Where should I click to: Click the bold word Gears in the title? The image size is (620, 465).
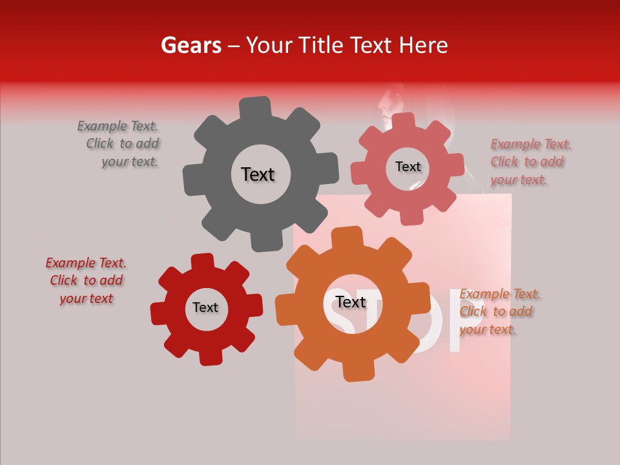[191, 45]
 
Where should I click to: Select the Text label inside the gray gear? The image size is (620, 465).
[258, 174]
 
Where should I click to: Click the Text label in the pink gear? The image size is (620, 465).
[408, 167]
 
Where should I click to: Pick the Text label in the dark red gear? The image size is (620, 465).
[205, 308]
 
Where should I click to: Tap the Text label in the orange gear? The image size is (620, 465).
[351, 302]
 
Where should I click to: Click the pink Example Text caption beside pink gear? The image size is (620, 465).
[530, 162]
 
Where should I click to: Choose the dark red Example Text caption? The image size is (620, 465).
[87, 280]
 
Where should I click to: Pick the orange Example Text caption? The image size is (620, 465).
[499, 312]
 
